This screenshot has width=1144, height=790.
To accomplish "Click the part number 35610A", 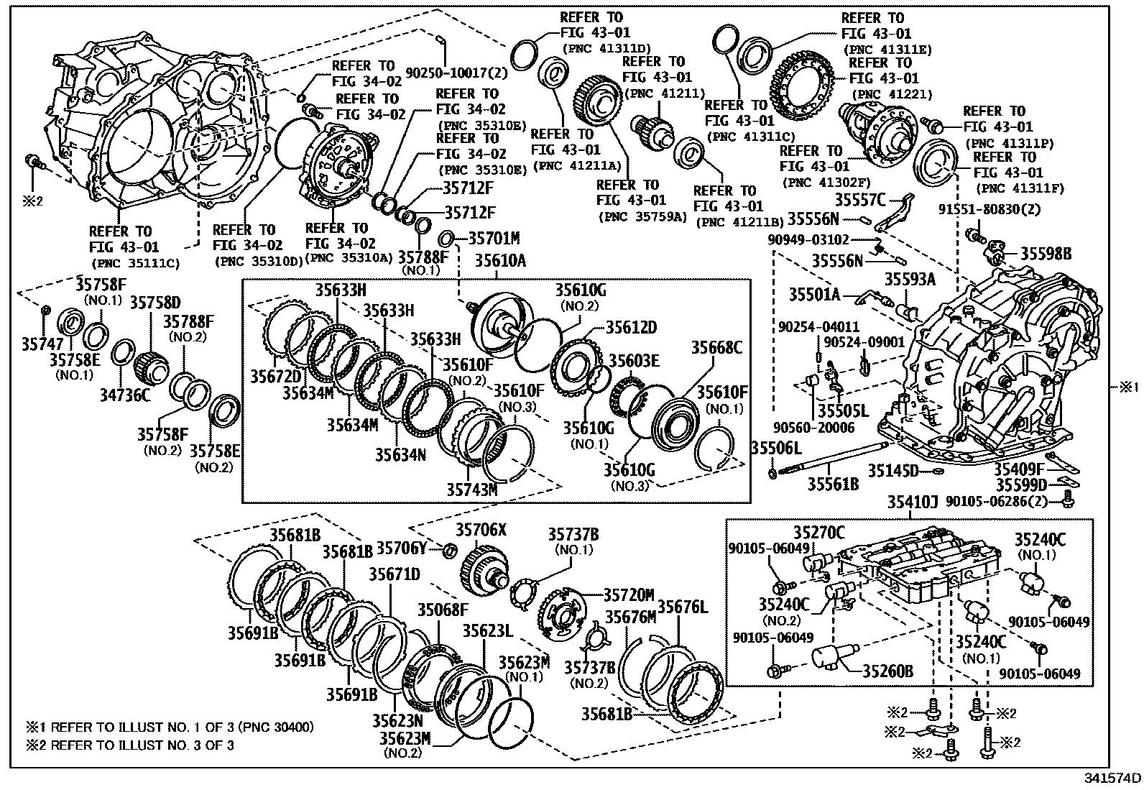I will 499,261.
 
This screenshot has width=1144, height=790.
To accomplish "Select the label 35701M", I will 494,237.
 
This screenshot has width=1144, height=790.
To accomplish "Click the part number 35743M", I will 472,490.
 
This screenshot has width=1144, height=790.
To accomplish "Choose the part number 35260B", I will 887,671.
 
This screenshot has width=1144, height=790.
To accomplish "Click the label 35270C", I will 819,533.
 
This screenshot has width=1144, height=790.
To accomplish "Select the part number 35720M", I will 629,594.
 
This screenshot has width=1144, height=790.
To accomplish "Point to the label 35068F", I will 443,610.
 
